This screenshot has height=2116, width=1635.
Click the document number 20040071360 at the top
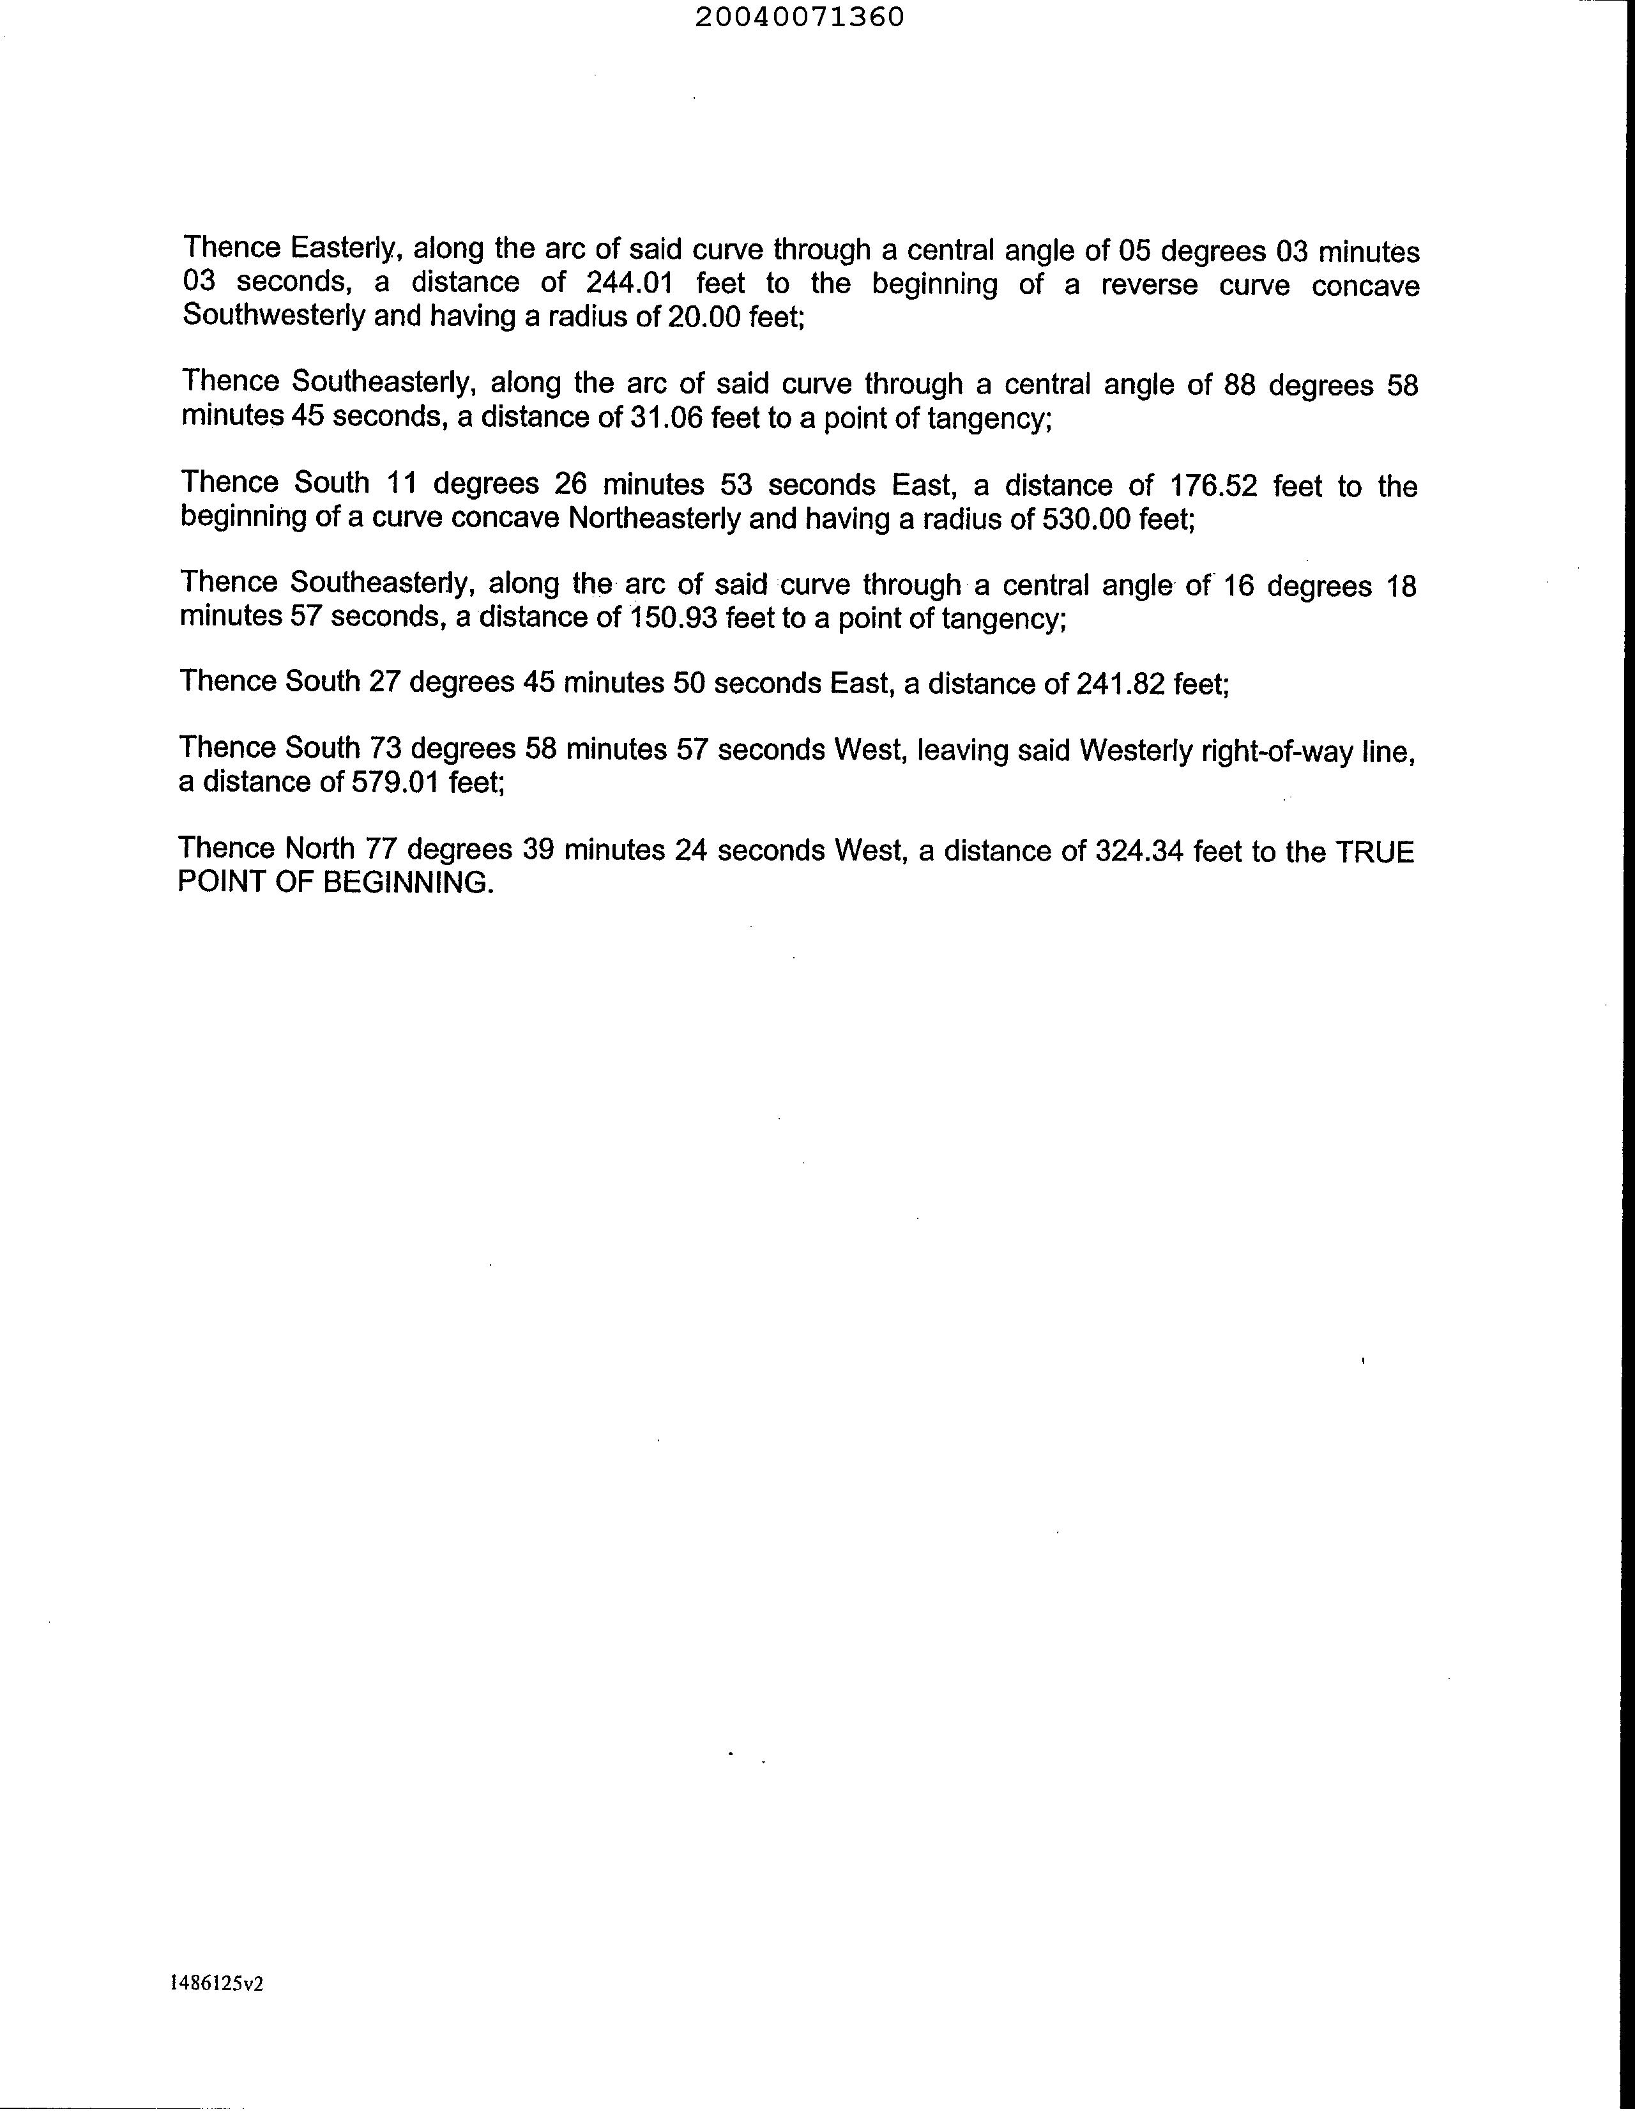pyautogui.click(x=799, y=17)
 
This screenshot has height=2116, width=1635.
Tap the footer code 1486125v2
pyautogui.click(x=217, y=1982)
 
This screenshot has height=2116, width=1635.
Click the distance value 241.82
pyautogui.click(x=1120, y=684)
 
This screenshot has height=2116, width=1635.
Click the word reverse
pyautogui.click(x=1149, y=285)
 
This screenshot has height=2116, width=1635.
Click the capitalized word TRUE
pyautogui.click(x=1374, y=852)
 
